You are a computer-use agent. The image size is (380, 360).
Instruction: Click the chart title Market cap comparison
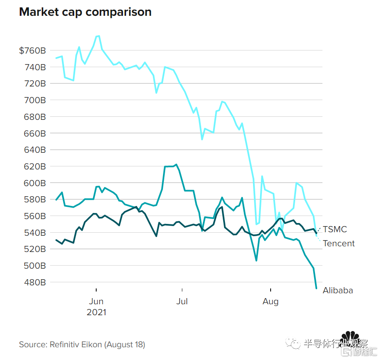click(x=85, y=12)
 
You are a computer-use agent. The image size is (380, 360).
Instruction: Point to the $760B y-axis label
click(x=33, y=50)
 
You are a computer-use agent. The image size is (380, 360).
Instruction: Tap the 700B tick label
click(x=35, y=100)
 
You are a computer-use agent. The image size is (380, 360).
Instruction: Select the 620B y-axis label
click(x=35, y=166)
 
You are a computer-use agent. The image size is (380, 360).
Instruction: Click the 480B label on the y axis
click(x=35, y=282)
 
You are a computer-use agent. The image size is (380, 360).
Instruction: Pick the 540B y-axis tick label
click(x=35, y=233)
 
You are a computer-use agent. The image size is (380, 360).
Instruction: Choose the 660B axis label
click(x=35, y=133)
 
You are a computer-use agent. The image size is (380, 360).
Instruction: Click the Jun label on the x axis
click(x=96, y=301)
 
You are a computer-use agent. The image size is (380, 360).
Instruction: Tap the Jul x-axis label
click(x=181, y=301)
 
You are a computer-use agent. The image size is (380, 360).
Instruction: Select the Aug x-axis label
click(x=271, y=301)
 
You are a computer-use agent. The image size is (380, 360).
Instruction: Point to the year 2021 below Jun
click(x=96, y=313)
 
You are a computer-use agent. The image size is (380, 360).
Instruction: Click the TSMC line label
click(x=335, y=229)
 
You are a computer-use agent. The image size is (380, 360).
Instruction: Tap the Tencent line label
click(x=339, y=243)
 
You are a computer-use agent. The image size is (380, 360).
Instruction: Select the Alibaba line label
click(x=338, y=290)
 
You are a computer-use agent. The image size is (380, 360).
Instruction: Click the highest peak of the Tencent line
click(x=98, y=36)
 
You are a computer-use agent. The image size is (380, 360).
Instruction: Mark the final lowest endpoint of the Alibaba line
click(x=316, y=288)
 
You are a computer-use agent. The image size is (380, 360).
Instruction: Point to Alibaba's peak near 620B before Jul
click(x=176, y=165)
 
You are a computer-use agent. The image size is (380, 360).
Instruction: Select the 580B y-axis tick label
click(x=35, y=199)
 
